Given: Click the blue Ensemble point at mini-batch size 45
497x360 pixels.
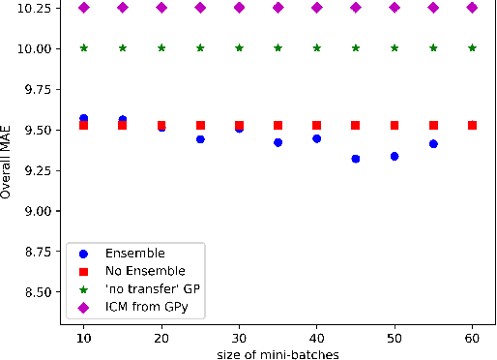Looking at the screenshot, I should (x=356, y=159).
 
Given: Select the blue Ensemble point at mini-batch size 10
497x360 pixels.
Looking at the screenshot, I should (x=84, y=118).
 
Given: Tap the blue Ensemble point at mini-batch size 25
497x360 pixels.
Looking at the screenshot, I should (x=200, y=139).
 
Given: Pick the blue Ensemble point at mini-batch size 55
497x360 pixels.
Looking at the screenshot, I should (x=433, y=144).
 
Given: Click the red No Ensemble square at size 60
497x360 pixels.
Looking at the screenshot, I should (x=472, y=125).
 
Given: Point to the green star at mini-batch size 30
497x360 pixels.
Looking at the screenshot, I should (x=239, y=47).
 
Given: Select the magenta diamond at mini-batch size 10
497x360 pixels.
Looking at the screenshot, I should (x=84, y=8).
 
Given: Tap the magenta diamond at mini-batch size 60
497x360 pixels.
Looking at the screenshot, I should (x=472, y=8).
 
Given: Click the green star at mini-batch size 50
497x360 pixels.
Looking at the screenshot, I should (x=395, y=47).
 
